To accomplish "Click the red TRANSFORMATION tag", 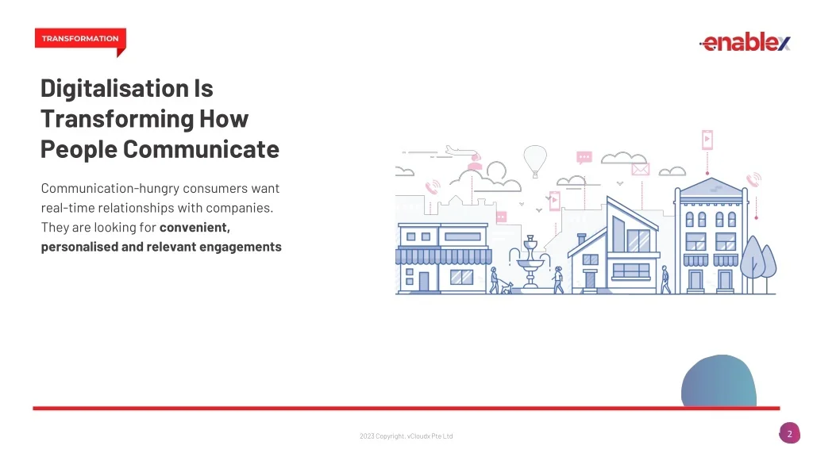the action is click(x=80, y=39).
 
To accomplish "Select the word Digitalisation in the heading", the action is click(x=114, y=89).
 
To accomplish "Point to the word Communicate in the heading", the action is click(x=201, y=149).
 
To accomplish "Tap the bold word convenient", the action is click(x=195, y=228).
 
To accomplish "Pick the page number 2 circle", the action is click(x=789, y=434).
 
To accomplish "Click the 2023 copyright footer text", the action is click(x=406, y=436).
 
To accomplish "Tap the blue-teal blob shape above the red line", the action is click(x=719, y=381).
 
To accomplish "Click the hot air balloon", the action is click(x=535, y=160).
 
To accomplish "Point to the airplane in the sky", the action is click(x=460, y=151).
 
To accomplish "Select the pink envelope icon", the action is click(x=641, y=169).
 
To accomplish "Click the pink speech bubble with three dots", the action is click(x=584, y=157).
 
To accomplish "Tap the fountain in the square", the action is click(x=530, y=263).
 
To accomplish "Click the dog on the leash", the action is click(x=506, y=287).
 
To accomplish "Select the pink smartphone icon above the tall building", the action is click(x=707, y=140).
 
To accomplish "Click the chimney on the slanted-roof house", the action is click(x=582, y=240).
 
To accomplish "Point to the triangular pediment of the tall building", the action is click(x=711, y=186).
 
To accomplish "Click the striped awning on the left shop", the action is click(x=444, y=256).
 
